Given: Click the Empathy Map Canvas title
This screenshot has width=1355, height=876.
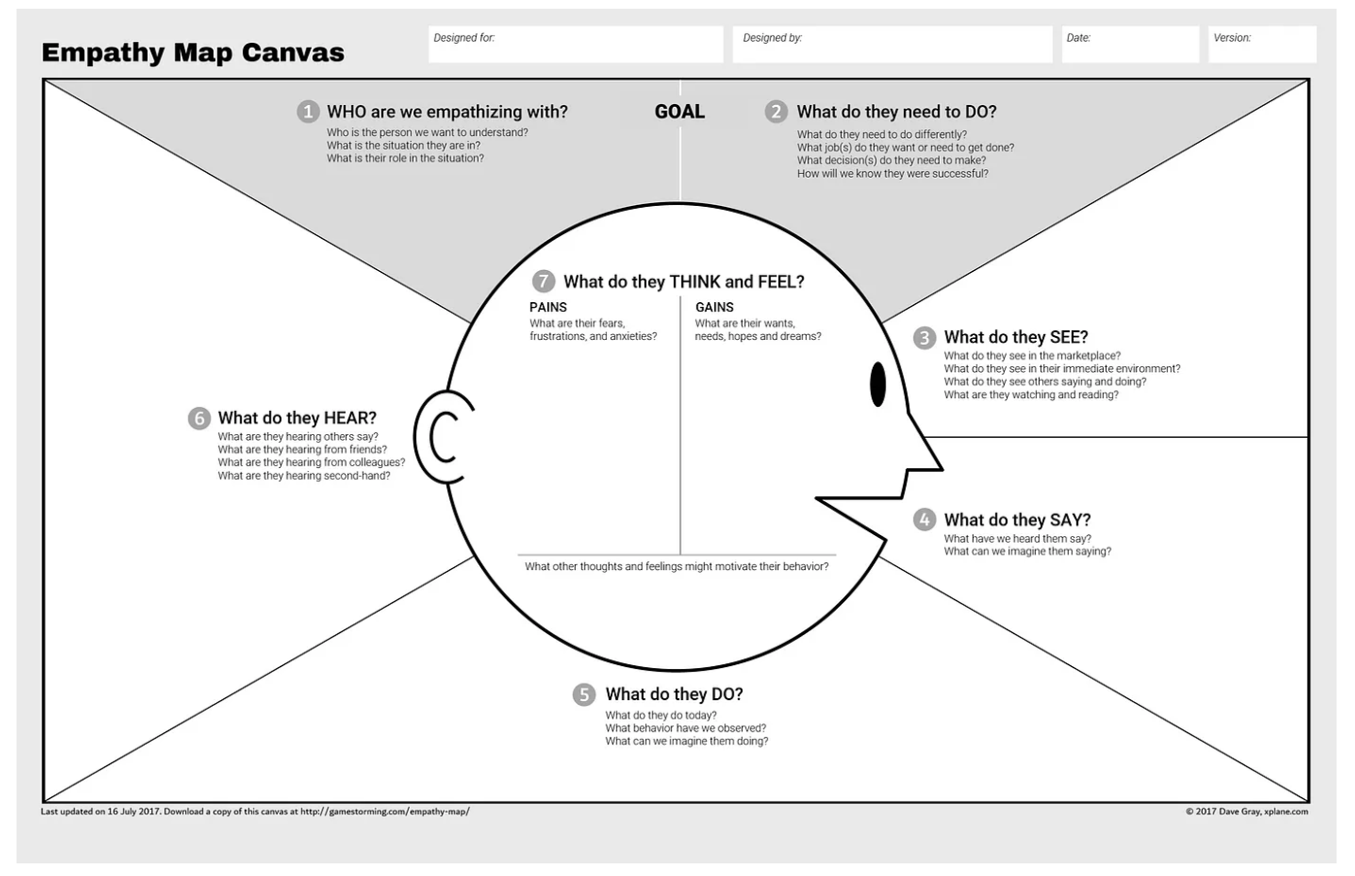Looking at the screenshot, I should tap(192, 52).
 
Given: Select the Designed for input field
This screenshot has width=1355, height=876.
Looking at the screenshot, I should tap(576, 45).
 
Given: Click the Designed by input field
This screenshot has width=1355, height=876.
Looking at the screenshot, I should tap(891, 45).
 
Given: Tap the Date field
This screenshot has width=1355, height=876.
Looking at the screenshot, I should tap(1130, 45).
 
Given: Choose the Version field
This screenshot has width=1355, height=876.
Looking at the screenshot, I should tap(1262, 45).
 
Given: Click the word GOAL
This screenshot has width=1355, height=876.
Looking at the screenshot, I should tap(679, 112).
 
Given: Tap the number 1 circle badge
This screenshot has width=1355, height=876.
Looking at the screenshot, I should tap(308, 112).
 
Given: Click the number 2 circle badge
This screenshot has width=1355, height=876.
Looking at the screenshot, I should tap(776, 112).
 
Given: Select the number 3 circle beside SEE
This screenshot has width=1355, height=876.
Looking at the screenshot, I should tap(924, 338).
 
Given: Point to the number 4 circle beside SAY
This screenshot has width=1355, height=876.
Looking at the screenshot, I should tap(924, 521).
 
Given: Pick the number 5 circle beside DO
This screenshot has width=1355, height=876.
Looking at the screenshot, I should tap(583, 694).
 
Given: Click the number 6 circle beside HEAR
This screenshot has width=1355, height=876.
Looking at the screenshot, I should tap(199, 419).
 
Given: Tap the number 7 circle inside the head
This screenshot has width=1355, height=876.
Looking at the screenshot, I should tap(543, 282).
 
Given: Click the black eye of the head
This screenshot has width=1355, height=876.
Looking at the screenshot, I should tap(877, 385).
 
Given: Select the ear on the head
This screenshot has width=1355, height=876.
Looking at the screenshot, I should tap(442, 437).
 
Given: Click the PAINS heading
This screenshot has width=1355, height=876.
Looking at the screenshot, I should tap(548, 307).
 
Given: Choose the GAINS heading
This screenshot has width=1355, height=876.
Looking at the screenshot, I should tap(714, 307).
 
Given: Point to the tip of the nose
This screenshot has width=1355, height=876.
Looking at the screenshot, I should tap(940, 469).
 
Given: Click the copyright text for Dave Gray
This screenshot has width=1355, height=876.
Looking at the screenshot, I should tap(1246, 812).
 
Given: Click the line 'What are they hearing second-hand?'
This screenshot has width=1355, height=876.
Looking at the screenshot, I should tap(304, 476).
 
